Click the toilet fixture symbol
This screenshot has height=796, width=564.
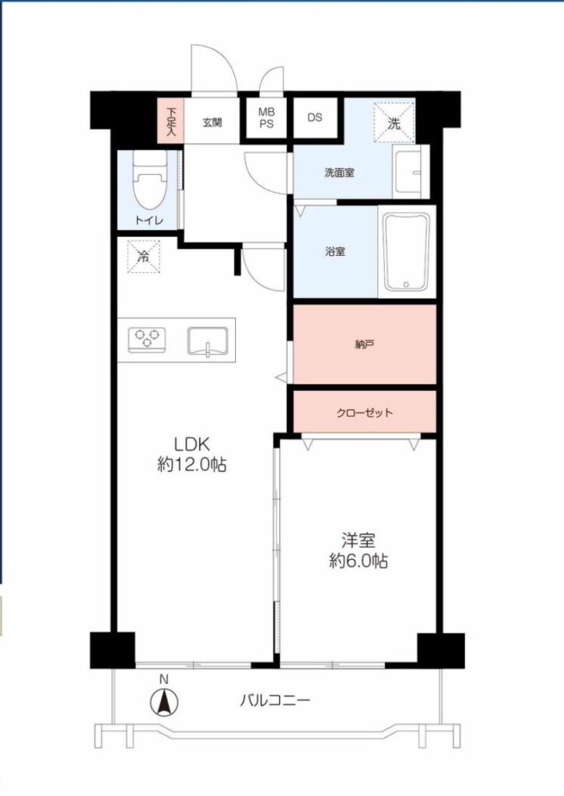click(x=150, y=180)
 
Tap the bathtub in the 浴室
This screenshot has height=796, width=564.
click(x=407, y=252)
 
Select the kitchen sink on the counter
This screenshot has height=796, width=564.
click(x=207, y=340)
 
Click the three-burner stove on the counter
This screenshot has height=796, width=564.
click(x=147, y=339)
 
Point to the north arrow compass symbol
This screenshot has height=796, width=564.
click(x=164, y=703)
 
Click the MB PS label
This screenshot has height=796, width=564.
click(x=266, y=118)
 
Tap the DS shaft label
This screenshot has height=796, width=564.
click(x=315, y=117)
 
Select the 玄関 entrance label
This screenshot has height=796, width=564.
click(x=212, y=122)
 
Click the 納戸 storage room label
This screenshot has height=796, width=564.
click(x=365, y=344)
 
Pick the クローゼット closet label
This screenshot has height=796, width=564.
click(x=365, y=413)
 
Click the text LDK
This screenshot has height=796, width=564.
click(x=192, y=445)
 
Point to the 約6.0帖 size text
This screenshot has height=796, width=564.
click(x=359, y=561)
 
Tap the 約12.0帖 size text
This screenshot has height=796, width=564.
click(x=192, y=465)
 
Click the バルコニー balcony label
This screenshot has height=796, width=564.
click(x=275, y=701)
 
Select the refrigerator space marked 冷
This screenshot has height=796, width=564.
click(x=144, y=257)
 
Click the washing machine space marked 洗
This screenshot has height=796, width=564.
click(x=394, y=122)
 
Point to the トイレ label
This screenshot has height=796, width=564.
click(x=149, y=221)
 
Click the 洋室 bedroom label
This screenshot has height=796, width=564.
click(x=359, y=541)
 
